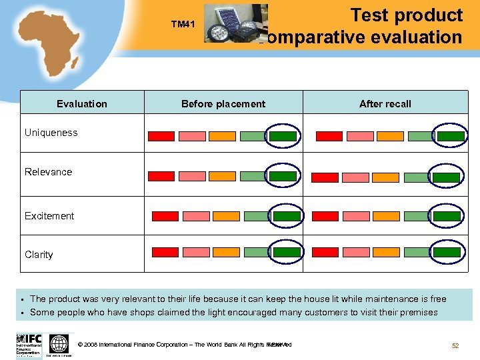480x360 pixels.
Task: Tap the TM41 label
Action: click(183, 25)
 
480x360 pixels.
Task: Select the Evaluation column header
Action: click(82, 103)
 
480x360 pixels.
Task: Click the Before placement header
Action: click(223, 103)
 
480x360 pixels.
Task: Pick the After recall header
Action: click(385, 103)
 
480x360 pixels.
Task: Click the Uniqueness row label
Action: click(51, 133)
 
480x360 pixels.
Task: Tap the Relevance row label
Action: click(49, 172)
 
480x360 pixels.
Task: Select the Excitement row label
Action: click(49, 216)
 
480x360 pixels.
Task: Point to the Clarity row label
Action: click(39, 255)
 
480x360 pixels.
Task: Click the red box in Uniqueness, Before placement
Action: click(161, 136)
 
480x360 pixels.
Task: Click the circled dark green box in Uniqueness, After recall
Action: click(451, 136)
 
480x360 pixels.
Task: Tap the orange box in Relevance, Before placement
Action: click(222, 176)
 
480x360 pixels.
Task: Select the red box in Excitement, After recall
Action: click(325, 217)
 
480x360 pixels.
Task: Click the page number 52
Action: click(455, 345)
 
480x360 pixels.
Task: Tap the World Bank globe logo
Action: click(59, 344)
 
